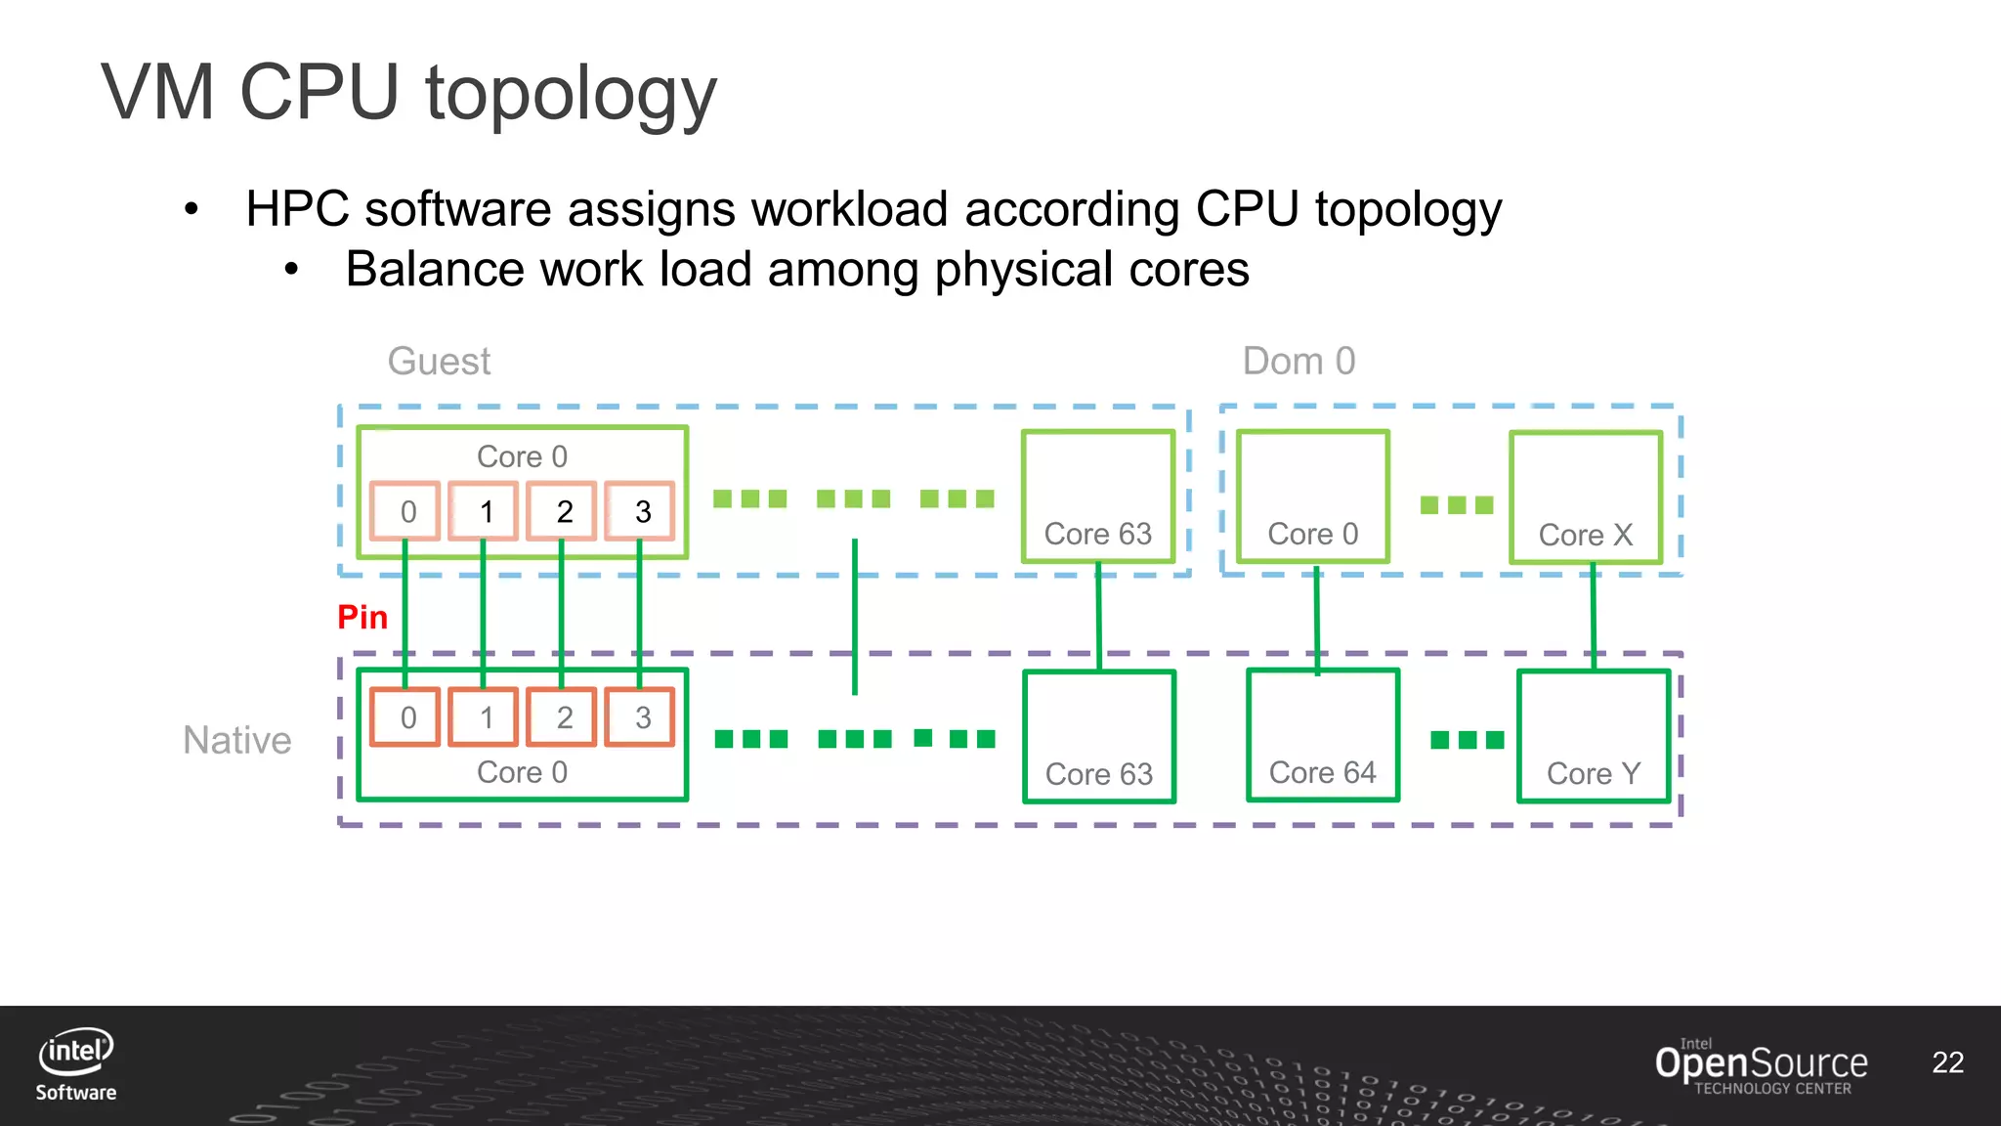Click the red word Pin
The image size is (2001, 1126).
click(x=362, y=617)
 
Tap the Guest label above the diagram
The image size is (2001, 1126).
click(x=439, y=362)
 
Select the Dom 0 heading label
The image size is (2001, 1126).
click(x=1299, y=362)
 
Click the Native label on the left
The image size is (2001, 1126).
click(x=237, y=740)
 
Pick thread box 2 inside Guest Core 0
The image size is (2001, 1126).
click(x=563, y=511)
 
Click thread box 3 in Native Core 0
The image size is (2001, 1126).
click(x=641, y=717)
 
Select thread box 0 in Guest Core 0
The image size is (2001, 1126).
click(x=406, y=511)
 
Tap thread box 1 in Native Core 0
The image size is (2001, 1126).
click(x=485, y=717)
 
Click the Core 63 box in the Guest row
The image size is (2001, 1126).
click(x=1097, y=497)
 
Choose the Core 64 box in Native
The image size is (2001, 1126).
click(x=1322, y=735)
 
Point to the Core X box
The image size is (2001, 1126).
click(x=1585, y=497)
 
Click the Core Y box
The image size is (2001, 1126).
click(x=1593, y=735)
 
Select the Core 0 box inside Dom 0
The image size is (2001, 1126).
click(x=1312, y=497)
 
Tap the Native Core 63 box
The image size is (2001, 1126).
click(x=1098, y=735)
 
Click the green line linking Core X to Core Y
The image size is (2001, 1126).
click(x=1594, y=616)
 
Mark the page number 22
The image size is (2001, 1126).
click(x=1947, y=1062)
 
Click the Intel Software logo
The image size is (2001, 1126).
click(x=76, y=1064)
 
